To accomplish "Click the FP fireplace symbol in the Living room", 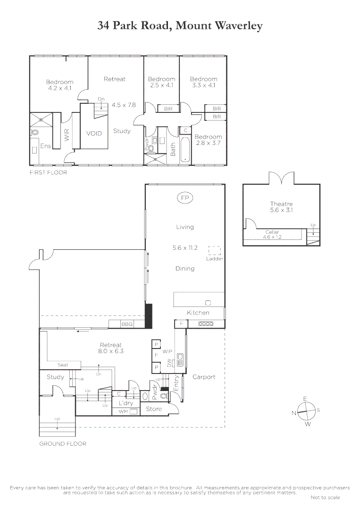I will click(x=184, y=198).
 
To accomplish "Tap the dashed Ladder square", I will click(x=215, y=250).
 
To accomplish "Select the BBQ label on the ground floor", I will click(x=127, y=324).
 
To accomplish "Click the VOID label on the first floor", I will click(x=94, y=134).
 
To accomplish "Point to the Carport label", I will click(x=204, y=377).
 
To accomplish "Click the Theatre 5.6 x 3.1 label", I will click(x=281, y=207).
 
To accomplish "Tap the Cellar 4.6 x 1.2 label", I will click(x=272, y=234).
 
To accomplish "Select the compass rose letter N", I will click(x=294, y=413).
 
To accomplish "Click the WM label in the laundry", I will click(x=123, y=412).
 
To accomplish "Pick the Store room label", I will click(x=154, y=409).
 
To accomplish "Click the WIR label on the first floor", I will click(x=67, y=136).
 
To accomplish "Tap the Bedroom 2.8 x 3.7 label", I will click(x=208, y=140).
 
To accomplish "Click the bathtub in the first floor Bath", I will click(x=185, y=150).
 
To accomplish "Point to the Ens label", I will click(x=45, y=146).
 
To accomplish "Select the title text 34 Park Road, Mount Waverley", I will click(x=180, y=25).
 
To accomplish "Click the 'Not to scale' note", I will click(x=325, y=497).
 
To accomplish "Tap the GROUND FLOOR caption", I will click(x=63, y=444).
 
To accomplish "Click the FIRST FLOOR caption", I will click(x=48, y=173).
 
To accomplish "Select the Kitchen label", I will click(x=198, y=313).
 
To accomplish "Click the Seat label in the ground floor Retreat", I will click(x=63, y=365).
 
